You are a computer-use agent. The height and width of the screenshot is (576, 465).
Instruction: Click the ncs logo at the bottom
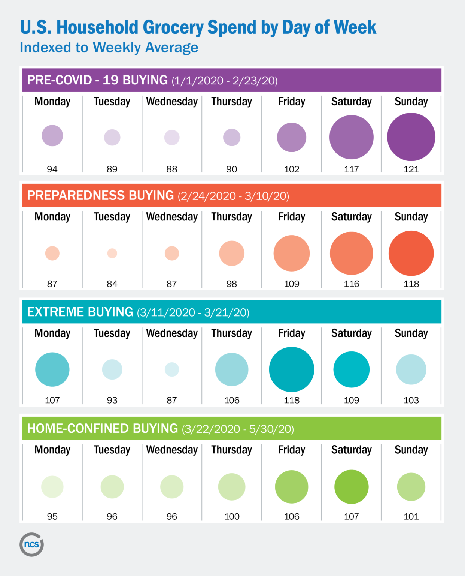[31, 544]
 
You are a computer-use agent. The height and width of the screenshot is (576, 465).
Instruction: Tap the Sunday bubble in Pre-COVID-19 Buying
[411, 137]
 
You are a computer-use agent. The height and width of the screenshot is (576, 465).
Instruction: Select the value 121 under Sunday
[411, 169]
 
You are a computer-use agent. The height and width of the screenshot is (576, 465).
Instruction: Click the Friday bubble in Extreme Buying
[291, 369]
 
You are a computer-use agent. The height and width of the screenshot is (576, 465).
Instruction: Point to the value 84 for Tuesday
[112, 284]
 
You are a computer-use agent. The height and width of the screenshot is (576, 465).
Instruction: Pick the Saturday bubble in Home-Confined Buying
[351, 487]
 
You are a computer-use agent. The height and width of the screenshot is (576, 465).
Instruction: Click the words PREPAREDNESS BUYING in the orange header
[100, 195]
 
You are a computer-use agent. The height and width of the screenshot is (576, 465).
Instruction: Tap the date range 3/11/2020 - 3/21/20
[193, 312]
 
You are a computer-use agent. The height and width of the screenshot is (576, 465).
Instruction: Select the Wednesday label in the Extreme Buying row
[172, 333]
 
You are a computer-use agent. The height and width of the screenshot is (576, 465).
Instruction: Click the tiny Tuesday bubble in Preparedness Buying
[112, 253]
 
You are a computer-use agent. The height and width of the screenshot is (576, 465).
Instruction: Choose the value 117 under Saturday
[351, 169]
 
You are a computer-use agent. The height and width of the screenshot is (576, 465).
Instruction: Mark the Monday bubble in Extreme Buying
[52, 369]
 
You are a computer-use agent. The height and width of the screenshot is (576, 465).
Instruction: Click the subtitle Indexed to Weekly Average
[109, 48]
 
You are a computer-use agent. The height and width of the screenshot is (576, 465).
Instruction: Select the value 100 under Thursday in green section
[232, 516]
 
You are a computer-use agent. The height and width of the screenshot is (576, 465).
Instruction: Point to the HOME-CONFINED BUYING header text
[103, 428]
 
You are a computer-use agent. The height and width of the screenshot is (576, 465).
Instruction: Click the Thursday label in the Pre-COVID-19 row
[232, 102]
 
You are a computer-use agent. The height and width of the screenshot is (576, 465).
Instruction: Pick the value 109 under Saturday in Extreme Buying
[351, 400]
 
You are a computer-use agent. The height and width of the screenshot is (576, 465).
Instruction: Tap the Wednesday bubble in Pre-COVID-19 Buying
[172, 137]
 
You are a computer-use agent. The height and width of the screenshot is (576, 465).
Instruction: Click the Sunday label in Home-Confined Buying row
[411, 450]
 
